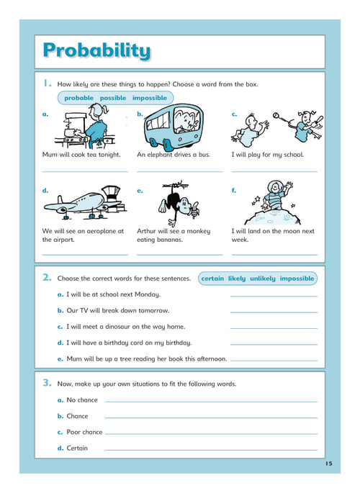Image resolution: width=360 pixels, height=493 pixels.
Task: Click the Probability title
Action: tap(96, 50)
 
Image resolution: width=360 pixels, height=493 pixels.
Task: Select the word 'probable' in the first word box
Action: tap(79, 98)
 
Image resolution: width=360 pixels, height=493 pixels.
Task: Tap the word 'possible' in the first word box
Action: tap(113, 98)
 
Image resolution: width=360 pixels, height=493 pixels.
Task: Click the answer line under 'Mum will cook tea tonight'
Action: tap(85, 172)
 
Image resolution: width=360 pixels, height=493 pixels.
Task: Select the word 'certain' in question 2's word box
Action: tap(212, 279)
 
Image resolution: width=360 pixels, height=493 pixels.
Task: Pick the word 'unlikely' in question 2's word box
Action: tap(263, 279)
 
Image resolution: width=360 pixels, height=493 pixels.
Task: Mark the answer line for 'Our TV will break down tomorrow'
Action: tap(274, 312)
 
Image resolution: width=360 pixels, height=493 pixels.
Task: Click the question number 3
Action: tap(47, 383)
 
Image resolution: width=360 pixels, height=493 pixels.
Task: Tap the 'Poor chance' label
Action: tap(84, 432)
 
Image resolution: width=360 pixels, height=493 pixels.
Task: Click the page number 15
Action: tap(328, 463)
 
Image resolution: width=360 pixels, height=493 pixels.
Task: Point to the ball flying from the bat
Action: tap(276, 115)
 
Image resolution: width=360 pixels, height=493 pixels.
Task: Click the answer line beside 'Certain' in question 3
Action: tap(211, 450)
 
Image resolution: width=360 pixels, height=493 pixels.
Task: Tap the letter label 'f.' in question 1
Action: tap(233, 191)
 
